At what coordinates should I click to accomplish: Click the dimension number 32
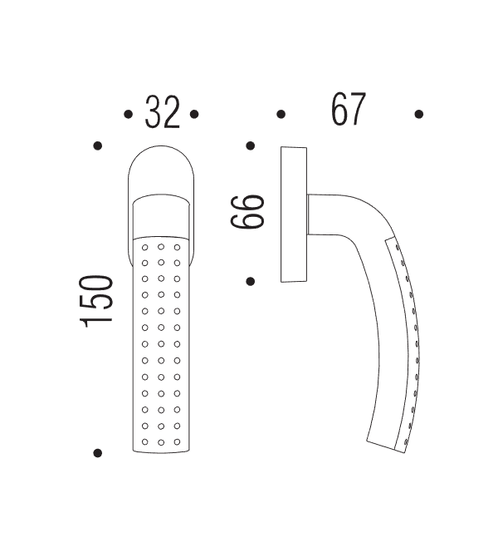tap(162, 113)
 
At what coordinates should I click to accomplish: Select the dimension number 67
tap(349, 110)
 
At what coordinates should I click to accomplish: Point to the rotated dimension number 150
tap(98, 301)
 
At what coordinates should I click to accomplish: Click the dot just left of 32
tap(128, 114)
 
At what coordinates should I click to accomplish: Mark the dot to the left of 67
tap(281, 114)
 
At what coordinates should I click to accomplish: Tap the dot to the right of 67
tap(419, 114)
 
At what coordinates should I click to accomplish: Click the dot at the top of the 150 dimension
tap(98, 145)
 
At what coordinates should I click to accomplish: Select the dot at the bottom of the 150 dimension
tap(98, 453)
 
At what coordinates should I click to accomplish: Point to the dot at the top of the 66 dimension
tap(251, 145)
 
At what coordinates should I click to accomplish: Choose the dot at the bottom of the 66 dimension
tap(251, 281)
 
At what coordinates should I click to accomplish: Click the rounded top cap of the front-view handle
tap(162, 170)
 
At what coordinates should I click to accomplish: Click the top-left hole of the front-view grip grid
tap(145, 248)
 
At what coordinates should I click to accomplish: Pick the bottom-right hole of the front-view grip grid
tap(177, 441)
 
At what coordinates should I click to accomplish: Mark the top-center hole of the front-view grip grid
tap(161, 248)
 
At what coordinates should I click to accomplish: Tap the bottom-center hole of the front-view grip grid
tap(161, 441)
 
